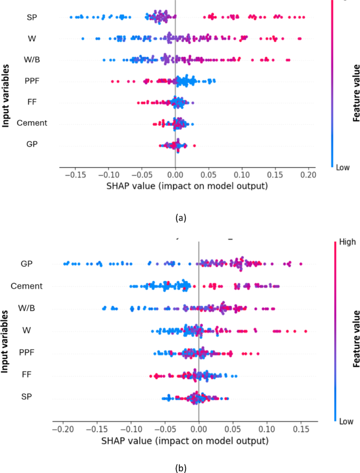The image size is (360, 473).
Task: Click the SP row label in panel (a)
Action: click(x=32, y=17)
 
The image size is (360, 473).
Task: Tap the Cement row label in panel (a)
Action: click(x=32, y=123)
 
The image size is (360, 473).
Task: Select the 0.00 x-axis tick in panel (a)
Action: click(x=175, y=174)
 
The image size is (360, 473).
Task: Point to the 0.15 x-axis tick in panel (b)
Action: click(x=301, y=429)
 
